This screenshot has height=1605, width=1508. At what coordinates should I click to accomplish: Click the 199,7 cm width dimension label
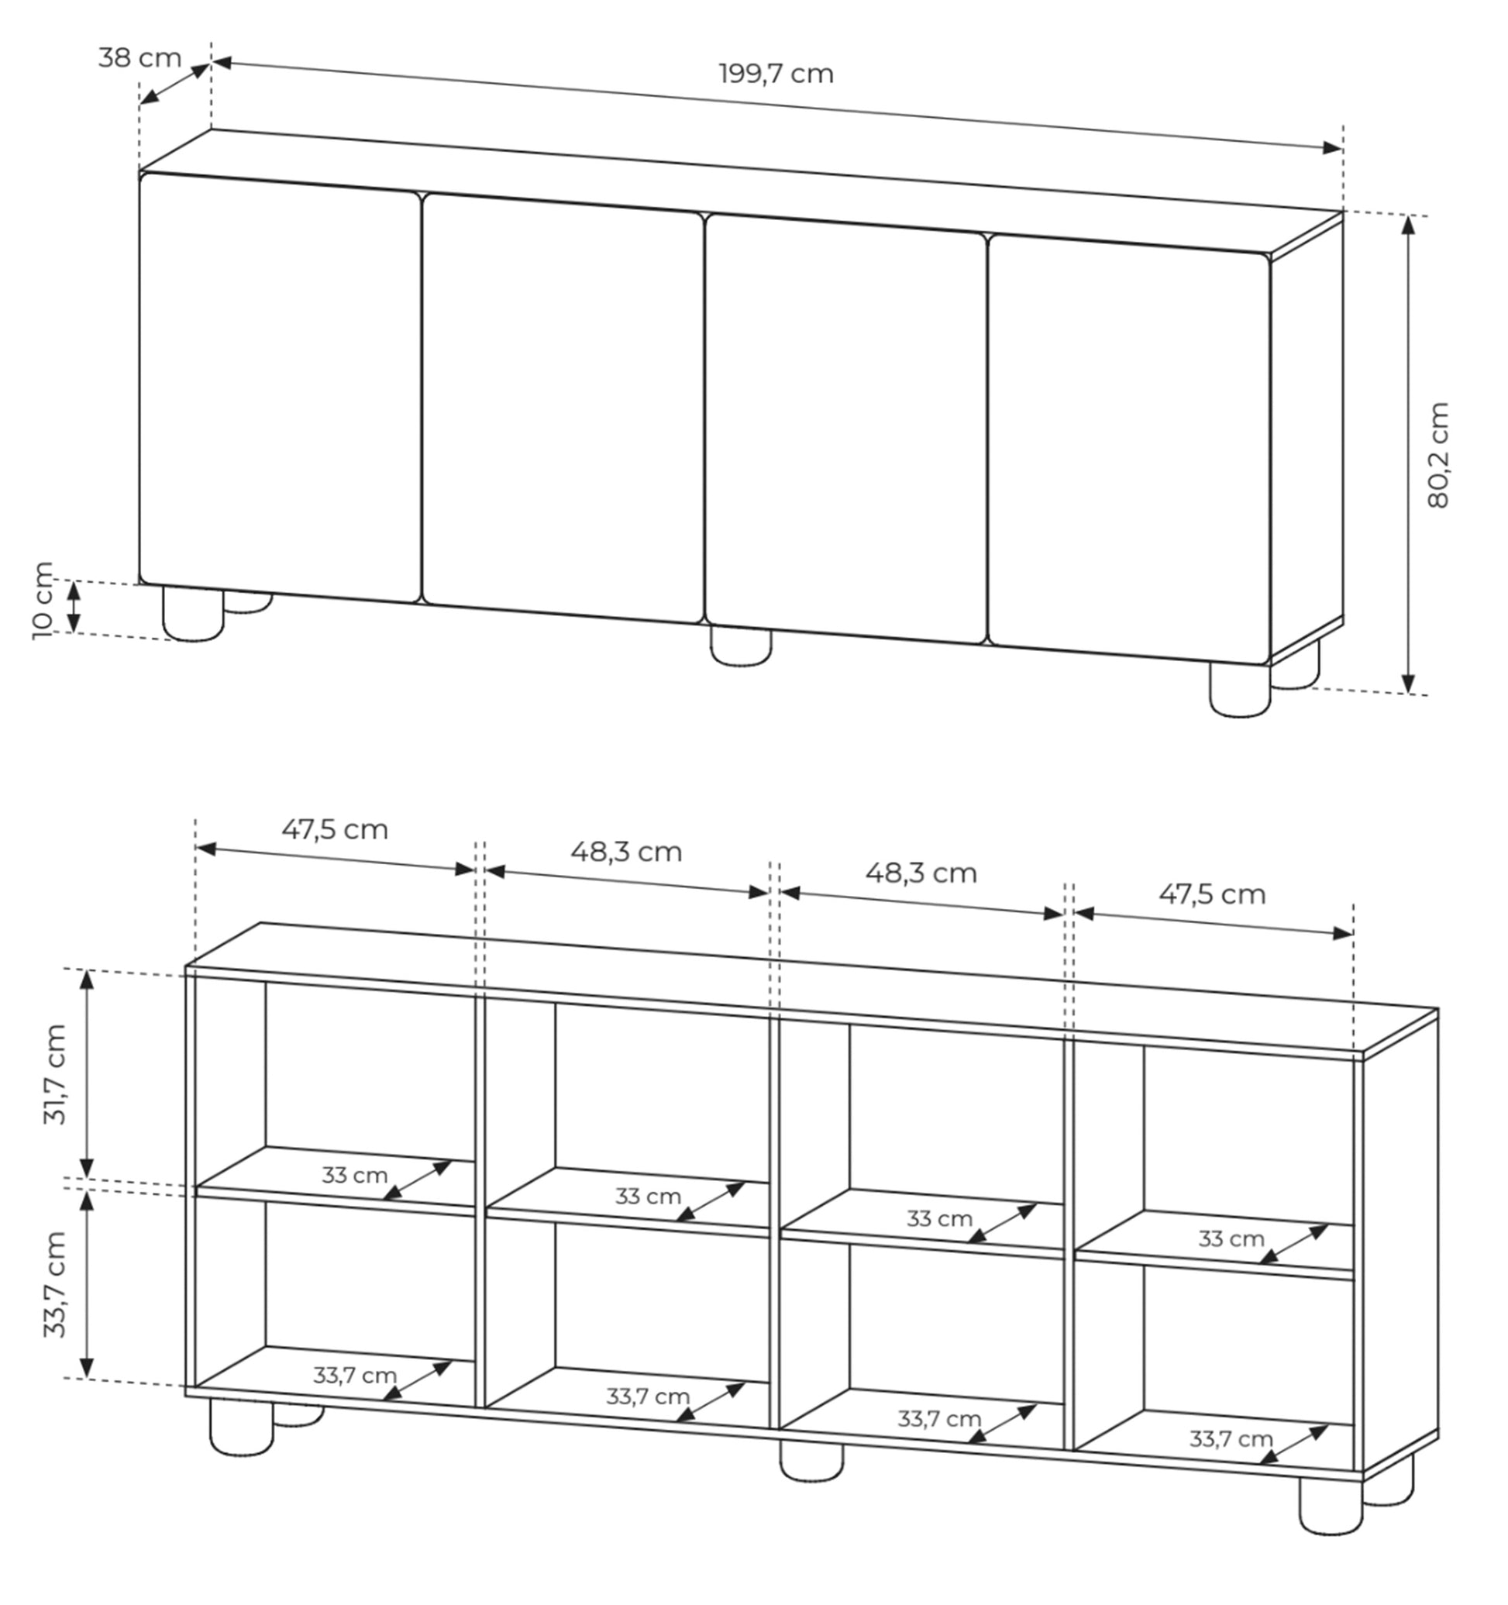coord(776,74)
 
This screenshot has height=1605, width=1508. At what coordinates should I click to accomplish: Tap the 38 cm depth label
coord(139,58)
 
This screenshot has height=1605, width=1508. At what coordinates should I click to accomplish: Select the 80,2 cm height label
coord(1438,456)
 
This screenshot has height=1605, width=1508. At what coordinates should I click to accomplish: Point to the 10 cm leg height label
coord(43,601)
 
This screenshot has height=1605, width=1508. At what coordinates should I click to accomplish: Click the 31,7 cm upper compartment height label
coord(55,1074)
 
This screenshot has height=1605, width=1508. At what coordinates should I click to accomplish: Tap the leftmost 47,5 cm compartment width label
coord(334,829)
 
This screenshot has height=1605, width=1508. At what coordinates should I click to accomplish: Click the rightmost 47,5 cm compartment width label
coord(1212,894)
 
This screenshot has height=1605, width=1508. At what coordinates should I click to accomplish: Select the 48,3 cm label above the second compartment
coord(626,851)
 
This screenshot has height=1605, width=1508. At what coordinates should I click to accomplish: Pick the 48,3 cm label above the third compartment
coord(921,873)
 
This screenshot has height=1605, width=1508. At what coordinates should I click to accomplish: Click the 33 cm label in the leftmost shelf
coord(354,1175)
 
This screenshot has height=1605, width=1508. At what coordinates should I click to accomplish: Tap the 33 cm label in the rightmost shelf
coord(1231,1238)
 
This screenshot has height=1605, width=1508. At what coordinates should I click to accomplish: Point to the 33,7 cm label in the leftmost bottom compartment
coord(354,1375)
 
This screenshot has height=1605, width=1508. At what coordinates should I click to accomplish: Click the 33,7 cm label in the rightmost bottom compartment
coord(1231,1438)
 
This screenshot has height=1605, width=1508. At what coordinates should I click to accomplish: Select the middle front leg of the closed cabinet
coord(740,646)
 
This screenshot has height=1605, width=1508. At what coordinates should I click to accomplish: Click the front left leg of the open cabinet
coord(241,1428)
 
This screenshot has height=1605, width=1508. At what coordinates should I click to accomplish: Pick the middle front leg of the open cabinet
coord(811,1462)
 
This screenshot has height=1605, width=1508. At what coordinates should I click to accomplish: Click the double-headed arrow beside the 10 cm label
coord(74,606)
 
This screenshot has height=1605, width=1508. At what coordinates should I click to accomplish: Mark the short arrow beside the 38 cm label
coord(174,84)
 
